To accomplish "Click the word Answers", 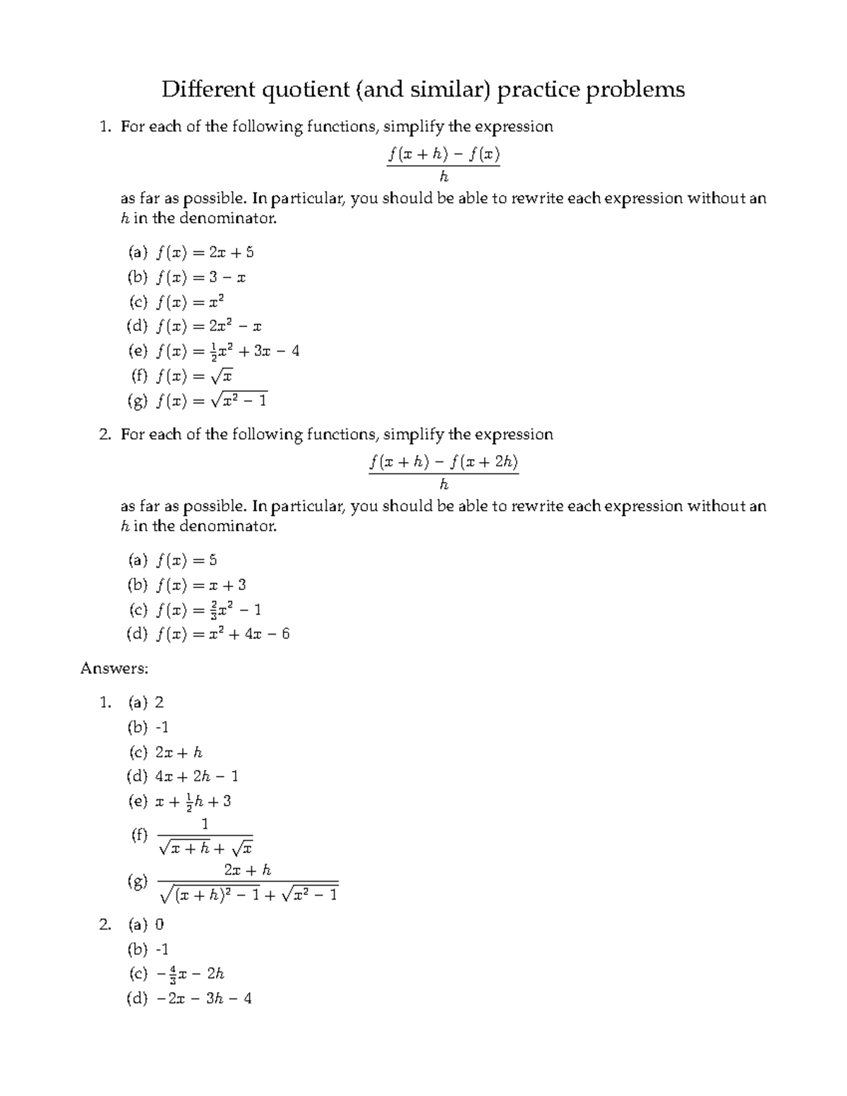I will tap(114, 668).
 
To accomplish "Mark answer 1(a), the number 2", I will tap(160, 702).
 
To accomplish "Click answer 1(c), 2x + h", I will tap(179, 752).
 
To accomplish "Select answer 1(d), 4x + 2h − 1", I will tap(196, 777).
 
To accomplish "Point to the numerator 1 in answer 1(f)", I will tap(205, 824).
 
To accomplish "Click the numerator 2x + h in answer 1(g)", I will tap(247, 870).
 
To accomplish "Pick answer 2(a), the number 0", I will tap(160, 925).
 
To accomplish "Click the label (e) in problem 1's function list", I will tap(137, 351).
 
